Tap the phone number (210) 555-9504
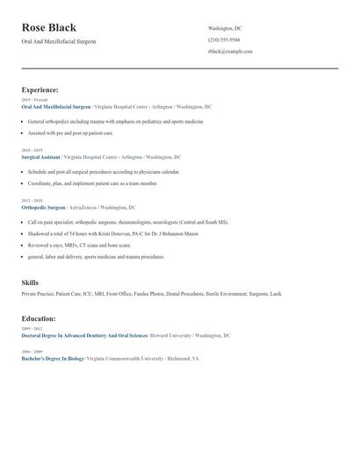[224, 39]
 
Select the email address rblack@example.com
[230, 52]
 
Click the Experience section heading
[40, 89]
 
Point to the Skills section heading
[30, 283]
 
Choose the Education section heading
[39, 318]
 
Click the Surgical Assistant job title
[40, 157]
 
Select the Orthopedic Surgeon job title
[43, 208]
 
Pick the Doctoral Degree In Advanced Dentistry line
[84, 335]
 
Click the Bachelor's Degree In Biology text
[53, 359]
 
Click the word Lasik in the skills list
[276, 294]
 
